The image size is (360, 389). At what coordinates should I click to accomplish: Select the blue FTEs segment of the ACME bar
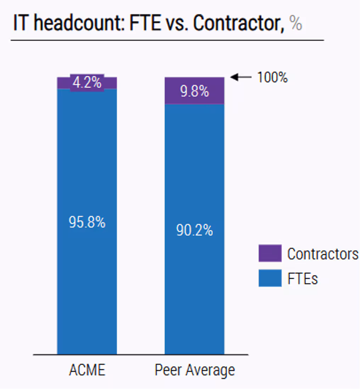pyautogui.click(x=87, y=283)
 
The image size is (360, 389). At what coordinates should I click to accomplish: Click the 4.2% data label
pyautogui.click(x=87, y=83)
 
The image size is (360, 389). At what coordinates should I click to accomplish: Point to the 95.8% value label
pyautogui.click(x=87, y=222)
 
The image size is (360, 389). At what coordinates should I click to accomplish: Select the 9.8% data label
pyautogui.click(x=195, y=91)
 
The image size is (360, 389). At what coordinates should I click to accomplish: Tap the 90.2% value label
pyautogui.click(x=195, y=231)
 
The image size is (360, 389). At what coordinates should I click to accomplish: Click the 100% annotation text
pyautogui.click(x=272, y=78)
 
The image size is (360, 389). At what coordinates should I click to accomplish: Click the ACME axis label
pyautogui.click(x=87, y=370)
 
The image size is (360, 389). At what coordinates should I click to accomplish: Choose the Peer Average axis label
pyautogui.click(x=195, y=370)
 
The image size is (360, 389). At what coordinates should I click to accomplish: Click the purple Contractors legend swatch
pyautogui.click(x=270, y=253)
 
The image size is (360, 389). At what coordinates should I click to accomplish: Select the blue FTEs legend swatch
pyautogui.click(x=270, y=278)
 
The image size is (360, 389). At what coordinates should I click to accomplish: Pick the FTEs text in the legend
pyautogui.click(x=302, y=278)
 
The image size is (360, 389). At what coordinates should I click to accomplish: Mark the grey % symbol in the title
pyautogui.click(x=296, y=24)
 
